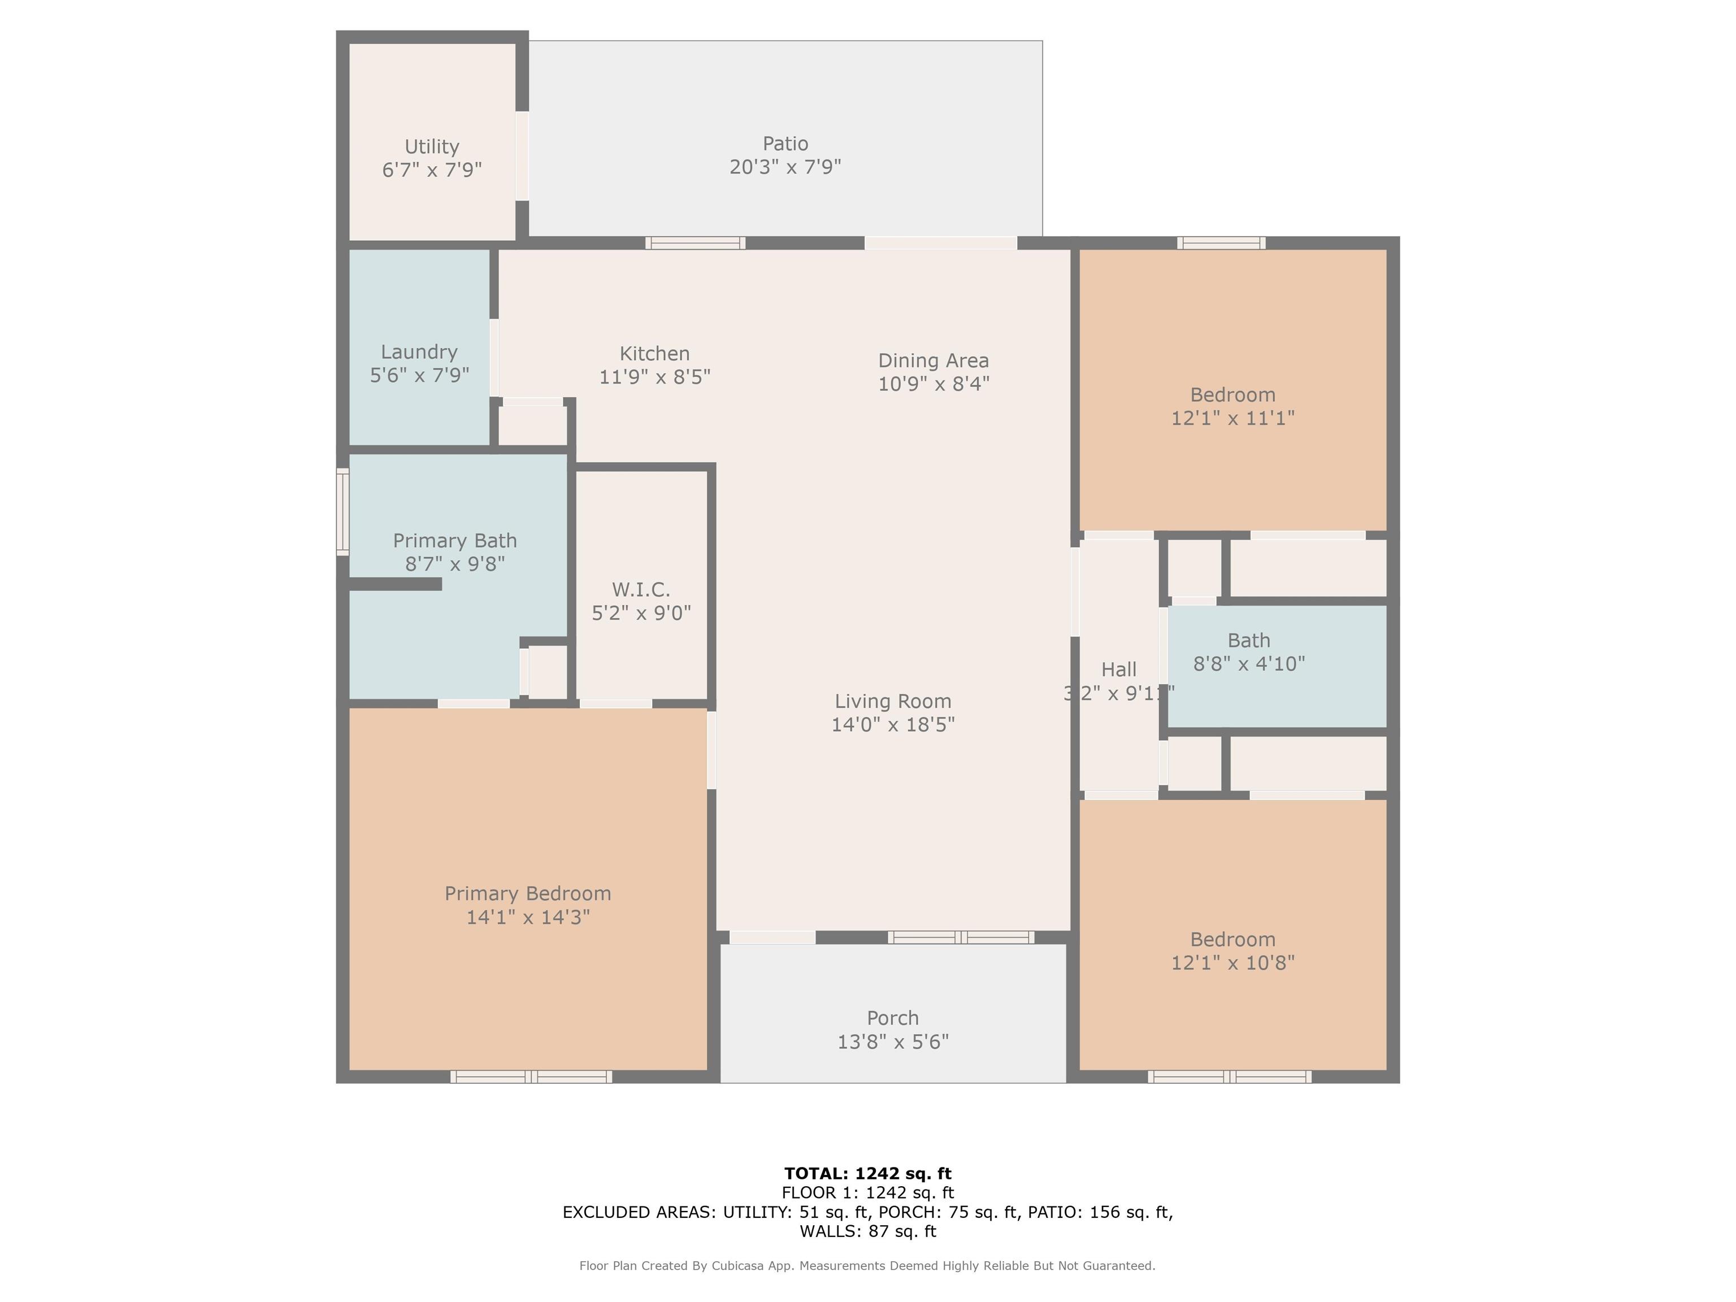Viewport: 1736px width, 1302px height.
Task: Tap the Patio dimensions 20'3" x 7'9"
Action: coord(785,167)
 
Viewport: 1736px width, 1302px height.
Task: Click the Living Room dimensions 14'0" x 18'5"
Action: coord(893,724)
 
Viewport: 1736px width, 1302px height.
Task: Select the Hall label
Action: coord(1118,670)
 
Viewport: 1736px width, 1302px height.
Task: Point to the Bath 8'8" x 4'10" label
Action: coord(1249,652)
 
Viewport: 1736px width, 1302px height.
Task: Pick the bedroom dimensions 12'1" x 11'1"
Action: coord(1232,418)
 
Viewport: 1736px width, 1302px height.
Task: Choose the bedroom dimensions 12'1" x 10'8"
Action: coord(1232,963)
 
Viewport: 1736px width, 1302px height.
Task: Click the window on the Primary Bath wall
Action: coord(342,511)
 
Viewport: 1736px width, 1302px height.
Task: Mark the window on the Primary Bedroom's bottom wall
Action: coord(531,1077)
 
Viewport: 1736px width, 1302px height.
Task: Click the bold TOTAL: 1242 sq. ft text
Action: coord(867,1173)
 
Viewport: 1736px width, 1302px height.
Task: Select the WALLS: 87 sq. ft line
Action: coord(867,1231)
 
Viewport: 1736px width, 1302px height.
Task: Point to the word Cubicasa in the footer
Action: coord(741,1266)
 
